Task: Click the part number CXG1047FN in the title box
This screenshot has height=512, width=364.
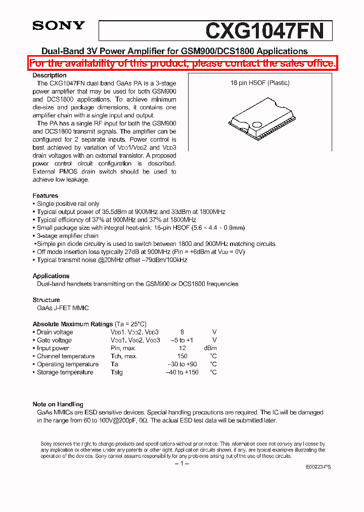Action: click(264, 31)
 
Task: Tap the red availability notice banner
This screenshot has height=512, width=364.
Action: click(182, 63)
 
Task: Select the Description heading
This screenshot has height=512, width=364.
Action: click(50, 75)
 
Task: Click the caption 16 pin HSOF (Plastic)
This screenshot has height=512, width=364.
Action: click(260, 83)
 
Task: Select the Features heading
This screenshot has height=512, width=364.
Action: click(45, 196)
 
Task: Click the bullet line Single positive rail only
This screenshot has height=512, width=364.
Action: click(68, 204)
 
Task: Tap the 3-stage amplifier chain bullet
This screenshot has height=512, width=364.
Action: click(67, 236)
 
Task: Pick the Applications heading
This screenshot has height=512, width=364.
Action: click(51, 276)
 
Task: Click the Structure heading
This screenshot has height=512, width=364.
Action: click(47, 300)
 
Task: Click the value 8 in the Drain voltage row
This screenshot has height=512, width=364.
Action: click(182, 332)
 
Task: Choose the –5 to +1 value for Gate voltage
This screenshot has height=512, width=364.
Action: click(182, 340)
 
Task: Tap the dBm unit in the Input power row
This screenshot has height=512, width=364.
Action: click(210, 348)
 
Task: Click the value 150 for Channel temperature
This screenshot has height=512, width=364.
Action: click(182, 356)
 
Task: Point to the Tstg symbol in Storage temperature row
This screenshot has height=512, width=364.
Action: click(117, 372)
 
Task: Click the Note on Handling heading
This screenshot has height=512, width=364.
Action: click(58, 404)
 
